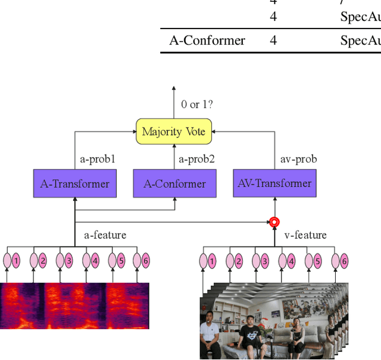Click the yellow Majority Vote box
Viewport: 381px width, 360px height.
174,132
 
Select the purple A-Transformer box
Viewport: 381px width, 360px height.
74,184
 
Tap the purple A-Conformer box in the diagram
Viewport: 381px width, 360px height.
174,184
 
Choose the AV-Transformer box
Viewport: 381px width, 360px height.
274,183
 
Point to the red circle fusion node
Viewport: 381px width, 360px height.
274,223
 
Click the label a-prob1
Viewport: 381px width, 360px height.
98,159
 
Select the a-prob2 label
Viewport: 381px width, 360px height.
196,159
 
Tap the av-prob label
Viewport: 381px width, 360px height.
298,159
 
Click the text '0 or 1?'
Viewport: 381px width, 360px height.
197,105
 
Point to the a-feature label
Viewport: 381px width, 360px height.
105,235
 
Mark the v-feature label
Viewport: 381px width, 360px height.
305,235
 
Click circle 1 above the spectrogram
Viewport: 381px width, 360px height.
16,261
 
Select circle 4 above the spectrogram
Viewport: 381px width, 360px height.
95,261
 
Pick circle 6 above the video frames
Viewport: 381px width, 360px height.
343,261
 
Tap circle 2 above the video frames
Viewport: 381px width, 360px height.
239,261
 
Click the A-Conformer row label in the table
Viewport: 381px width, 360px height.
207,40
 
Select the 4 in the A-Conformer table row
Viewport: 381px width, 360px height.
273,40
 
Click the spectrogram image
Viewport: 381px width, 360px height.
74,306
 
